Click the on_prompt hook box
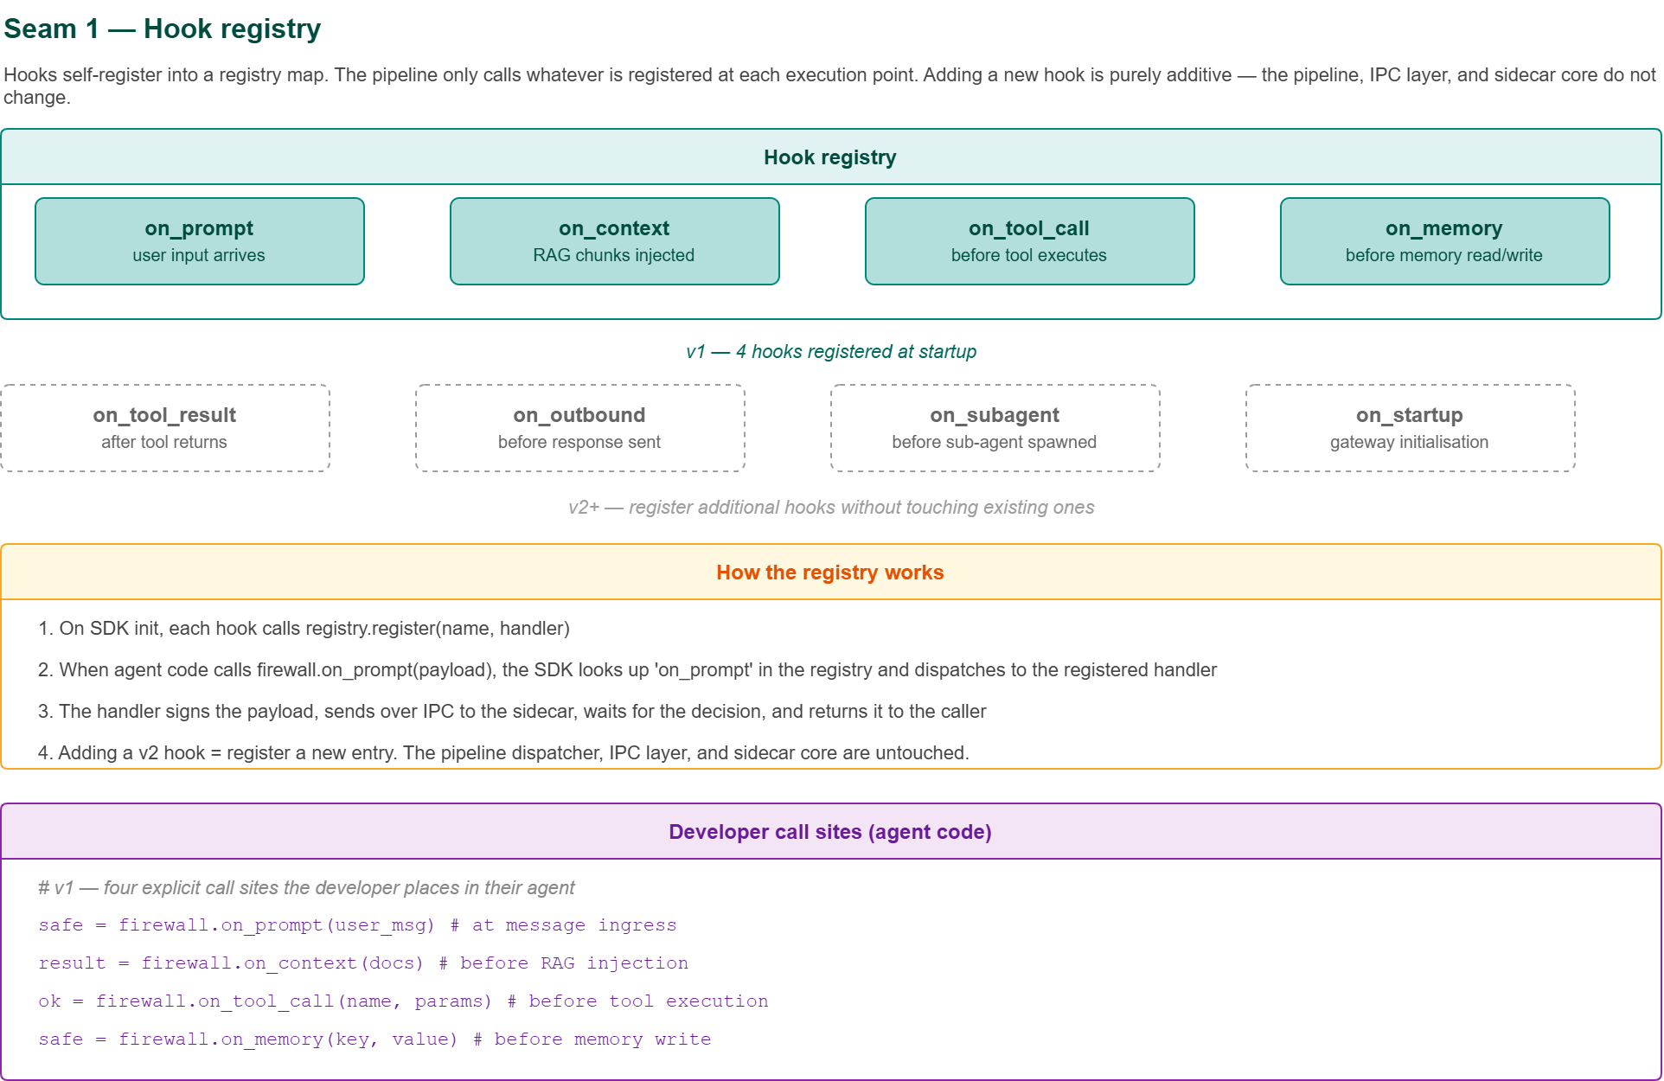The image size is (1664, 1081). pyautogui.click(x=200, y=241)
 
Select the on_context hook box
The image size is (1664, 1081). pyautogui.click(x=615, y=241)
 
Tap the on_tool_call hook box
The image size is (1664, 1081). pyautogui.click(x=1029, y=241)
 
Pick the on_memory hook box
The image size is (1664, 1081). pyautogui.click(x=1444, y=241)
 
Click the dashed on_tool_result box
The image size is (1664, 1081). pyautogui.click(x=165, y=428)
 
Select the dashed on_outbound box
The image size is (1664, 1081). pyautogui.click(x=580, y=428)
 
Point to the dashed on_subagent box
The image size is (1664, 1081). pyautogui.click(x=995, y=428)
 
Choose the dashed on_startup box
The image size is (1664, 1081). pyautogui.click(x=1410, y=428)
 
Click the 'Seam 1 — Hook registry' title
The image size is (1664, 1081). pyautogui.click(x=163, y=29)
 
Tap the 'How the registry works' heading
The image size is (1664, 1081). pyautogui.click(x=830, y=572)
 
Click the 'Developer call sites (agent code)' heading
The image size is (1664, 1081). pyautogui.click(x=830, y=832)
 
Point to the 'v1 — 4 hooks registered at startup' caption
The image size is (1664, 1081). pyautogui.click(x=830, y=352)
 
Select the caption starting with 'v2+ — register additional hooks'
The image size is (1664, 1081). pyautogui.click(x=830, y=508)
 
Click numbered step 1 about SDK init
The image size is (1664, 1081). pyautogui.click(x=304, y=629)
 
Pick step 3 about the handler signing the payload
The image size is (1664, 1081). pyautogui.click(x=511, y=712)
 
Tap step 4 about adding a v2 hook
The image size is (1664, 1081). pyautogui.click(x=502, y=753)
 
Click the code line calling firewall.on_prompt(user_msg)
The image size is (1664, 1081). pyautogui.click(x=357, y=925)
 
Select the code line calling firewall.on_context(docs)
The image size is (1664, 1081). pyautogui.click(x=363, y=963)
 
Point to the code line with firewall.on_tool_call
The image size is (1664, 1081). pyautogui.click(x=403, y=1001)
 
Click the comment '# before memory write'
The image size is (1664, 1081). pyautogui.click(x=593, y=1039)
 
